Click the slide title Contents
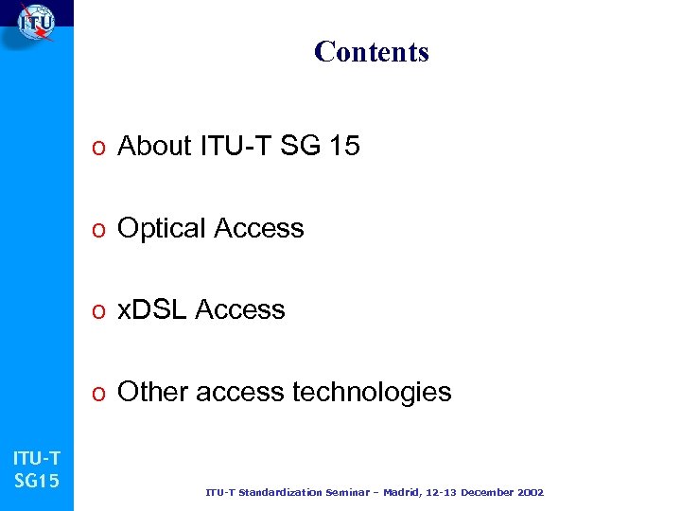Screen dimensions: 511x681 371,51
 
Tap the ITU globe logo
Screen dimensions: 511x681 35,23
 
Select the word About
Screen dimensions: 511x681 154,147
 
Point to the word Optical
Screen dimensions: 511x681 162,229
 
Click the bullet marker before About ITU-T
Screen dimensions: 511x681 98,148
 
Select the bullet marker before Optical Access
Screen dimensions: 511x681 98,230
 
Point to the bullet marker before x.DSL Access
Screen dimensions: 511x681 98,311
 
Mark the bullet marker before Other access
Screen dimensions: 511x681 98,394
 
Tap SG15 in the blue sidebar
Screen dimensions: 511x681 37,481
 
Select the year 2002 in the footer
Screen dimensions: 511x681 529,493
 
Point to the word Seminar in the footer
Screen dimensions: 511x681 335,493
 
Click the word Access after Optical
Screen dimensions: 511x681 259,229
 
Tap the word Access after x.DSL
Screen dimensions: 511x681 240,309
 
